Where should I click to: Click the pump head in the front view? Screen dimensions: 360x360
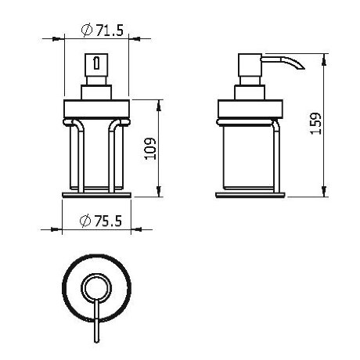point(94,67)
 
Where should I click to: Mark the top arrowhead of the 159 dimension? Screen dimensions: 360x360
point(322,57)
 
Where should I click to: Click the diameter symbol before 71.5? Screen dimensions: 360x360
point(85,31)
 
